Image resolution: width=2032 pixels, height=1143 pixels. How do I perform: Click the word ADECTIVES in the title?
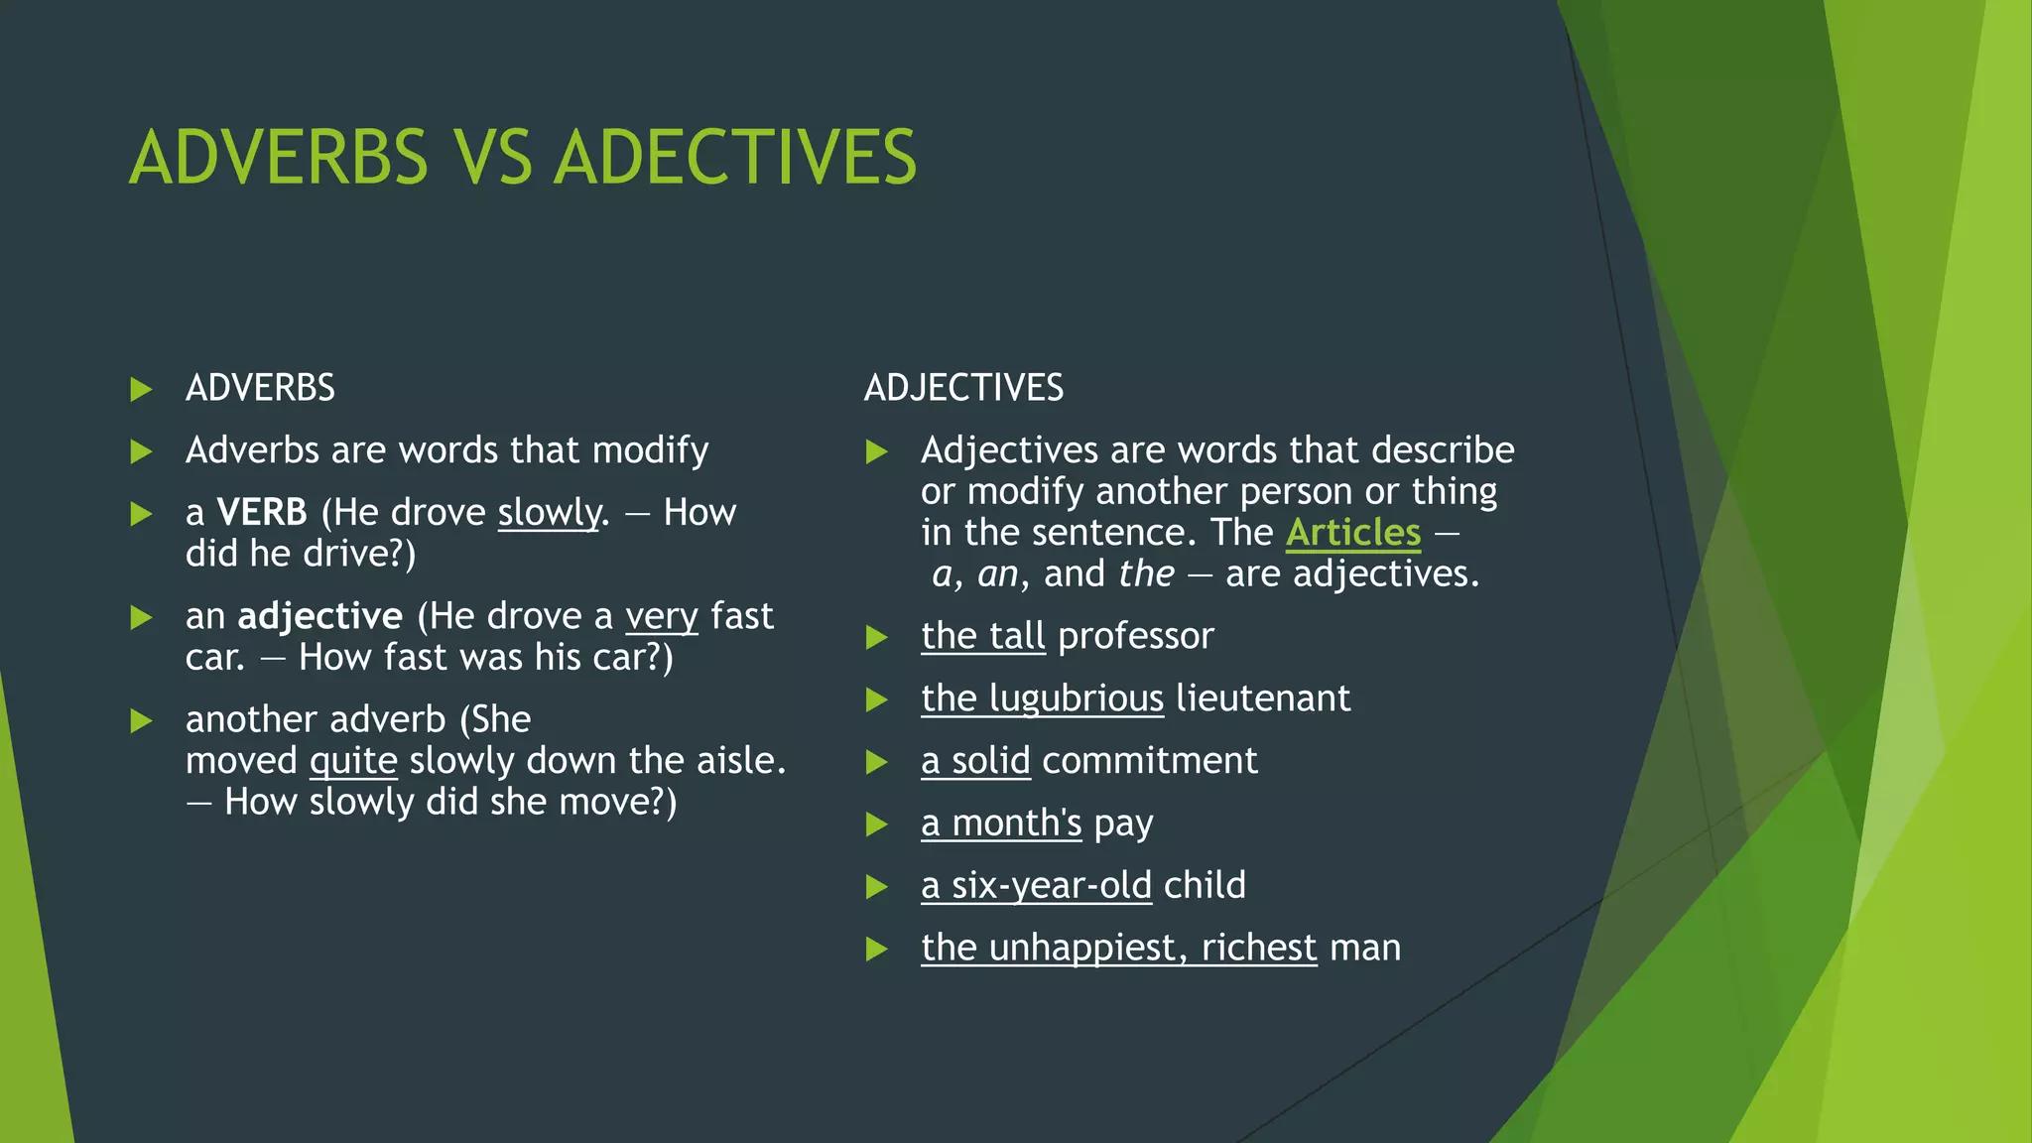click(x=735, y=157)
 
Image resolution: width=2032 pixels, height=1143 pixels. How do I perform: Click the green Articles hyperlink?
click(x=1353, y=533)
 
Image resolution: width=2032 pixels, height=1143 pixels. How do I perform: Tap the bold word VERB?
click(x=262, y=513)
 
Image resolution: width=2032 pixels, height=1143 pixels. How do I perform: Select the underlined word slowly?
click(x=550, y=513)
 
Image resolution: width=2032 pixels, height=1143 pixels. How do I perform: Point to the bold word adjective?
click(x=319, y=616)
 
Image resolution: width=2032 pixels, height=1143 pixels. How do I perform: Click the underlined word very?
click(x=662, y=616)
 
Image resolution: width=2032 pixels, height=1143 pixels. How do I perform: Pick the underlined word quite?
click(x=353, y=761)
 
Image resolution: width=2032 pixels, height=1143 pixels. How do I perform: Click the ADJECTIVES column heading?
click(x=963, y=388)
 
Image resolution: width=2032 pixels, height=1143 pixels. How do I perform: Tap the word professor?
click(x=1136, y=636)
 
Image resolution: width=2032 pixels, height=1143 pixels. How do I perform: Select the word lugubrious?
click(x=1076, y=698)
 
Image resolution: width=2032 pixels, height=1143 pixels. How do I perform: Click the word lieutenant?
click(x=1263, y=698)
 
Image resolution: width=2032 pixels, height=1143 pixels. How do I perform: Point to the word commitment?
click(x=1149, y=761)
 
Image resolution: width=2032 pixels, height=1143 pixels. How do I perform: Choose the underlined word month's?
click(x=1016, y=824)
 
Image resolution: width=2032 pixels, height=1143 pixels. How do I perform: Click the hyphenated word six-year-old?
click(x=1052, y=885)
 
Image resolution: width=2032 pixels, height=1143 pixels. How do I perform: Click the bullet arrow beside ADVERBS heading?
click(x=142, y=389)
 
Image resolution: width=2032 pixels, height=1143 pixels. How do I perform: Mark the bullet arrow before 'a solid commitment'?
click(x=876, y=762)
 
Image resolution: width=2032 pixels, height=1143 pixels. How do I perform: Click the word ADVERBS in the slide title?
click(x=279, y=157)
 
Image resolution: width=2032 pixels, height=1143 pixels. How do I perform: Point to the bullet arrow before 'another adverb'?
click(x=142, y=720)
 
